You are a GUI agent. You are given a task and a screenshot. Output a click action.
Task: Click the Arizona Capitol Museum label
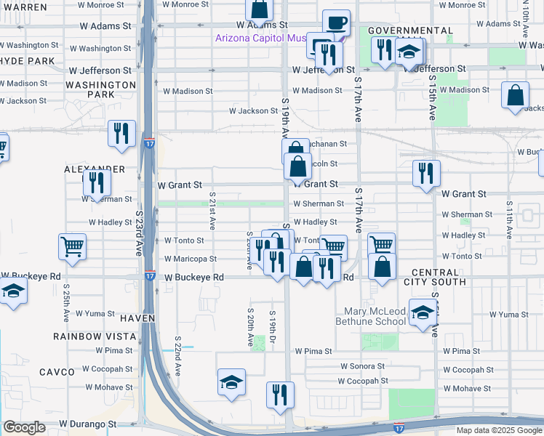pyautogui.click(x=265, y=39)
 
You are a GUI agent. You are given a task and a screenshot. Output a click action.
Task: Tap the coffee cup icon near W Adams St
pyautogui.click(x=335, y=23)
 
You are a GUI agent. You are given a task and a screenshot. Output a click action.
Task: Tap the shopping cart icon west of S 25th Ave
pyautogui.click(x=72, y=247)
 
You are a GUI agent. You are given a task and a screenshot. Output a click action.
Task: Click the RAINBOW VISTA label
pyautogui.click(x=95, y=336)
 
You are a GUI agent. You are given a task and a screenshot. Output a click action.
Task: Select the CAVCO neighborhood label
pyautogui.click(x=76, y=372)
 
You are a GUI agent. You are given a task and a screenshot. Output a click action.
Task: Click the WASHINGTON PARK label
pyautogui.click(x=101, y=89)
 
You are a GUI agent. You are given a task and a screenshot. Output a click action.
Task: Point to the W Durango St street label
pyautogui.click(x=87, y=423)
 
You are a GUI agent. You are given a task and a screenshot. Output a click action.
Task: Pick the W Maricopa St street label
pyautogui.click(x=190, y=259)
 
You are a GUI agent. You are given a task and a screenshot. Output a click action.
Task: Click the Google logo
pyautogui.click(x=24, y=428)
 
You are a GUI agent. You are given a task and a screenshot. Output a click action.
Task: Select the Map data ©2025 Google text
pyautogui.click(x=499, y=430)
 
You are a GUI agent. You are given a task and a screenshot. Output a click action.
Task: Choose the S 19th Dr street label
pyautogui.click(x=272, y=322)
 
